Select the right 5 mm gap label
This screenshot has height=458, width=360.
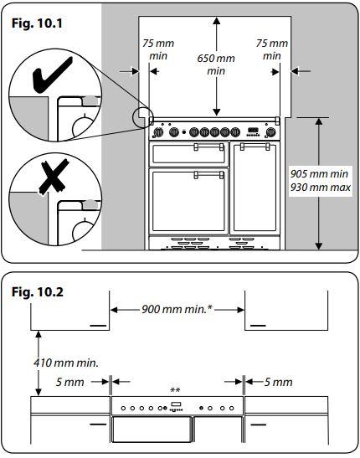[x=277, y=382]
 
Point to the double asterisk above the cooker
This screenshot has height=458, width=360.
[x=176, y=391]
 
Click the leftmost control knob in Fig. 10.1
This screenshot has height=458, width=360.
[x=157, y=131]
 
